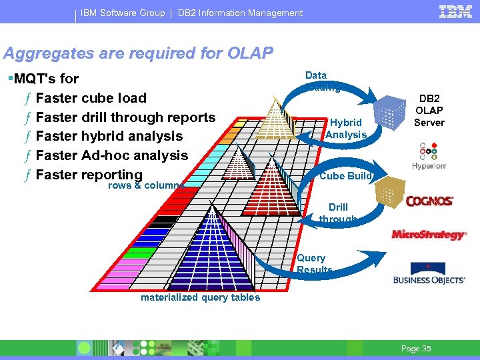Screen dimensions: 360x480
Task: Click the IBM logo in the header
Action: coord(455,11)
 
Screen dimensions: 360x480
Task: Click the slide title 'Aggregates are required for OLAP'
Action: coord(138,53)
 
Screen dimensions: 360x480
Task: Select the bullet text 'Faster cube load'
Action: coord(91,98)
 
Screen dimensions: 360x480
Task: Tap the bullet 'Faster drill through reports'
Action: coord(125,117)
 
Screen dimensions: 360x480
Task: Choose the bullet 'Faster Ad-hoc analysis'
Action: coord(112,155)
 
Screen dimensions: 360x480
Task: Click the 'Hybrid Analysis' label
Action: coord(346,129)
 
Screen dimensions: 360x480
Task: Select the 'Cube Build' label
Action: coord(345,176)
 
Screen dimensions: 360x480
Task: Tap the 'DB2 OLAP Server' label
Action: coord(429,110)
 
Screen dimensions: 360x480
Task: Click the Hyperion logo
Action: coord(429,157)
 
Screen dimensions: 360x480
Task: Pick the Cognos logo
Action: coord(429,201)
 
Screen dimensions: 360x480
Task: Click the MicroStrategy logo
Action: coord(429,235)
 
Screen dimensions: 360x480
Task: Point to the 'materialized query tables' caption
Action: coord(200,298)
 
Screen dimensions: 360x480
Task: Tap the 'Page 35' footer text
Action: coord(417,349)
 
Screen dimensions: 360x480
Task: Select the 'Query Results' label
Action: coord(313,264)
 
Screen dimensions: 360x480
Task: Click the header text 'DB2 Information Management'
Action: coord(240,13)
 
